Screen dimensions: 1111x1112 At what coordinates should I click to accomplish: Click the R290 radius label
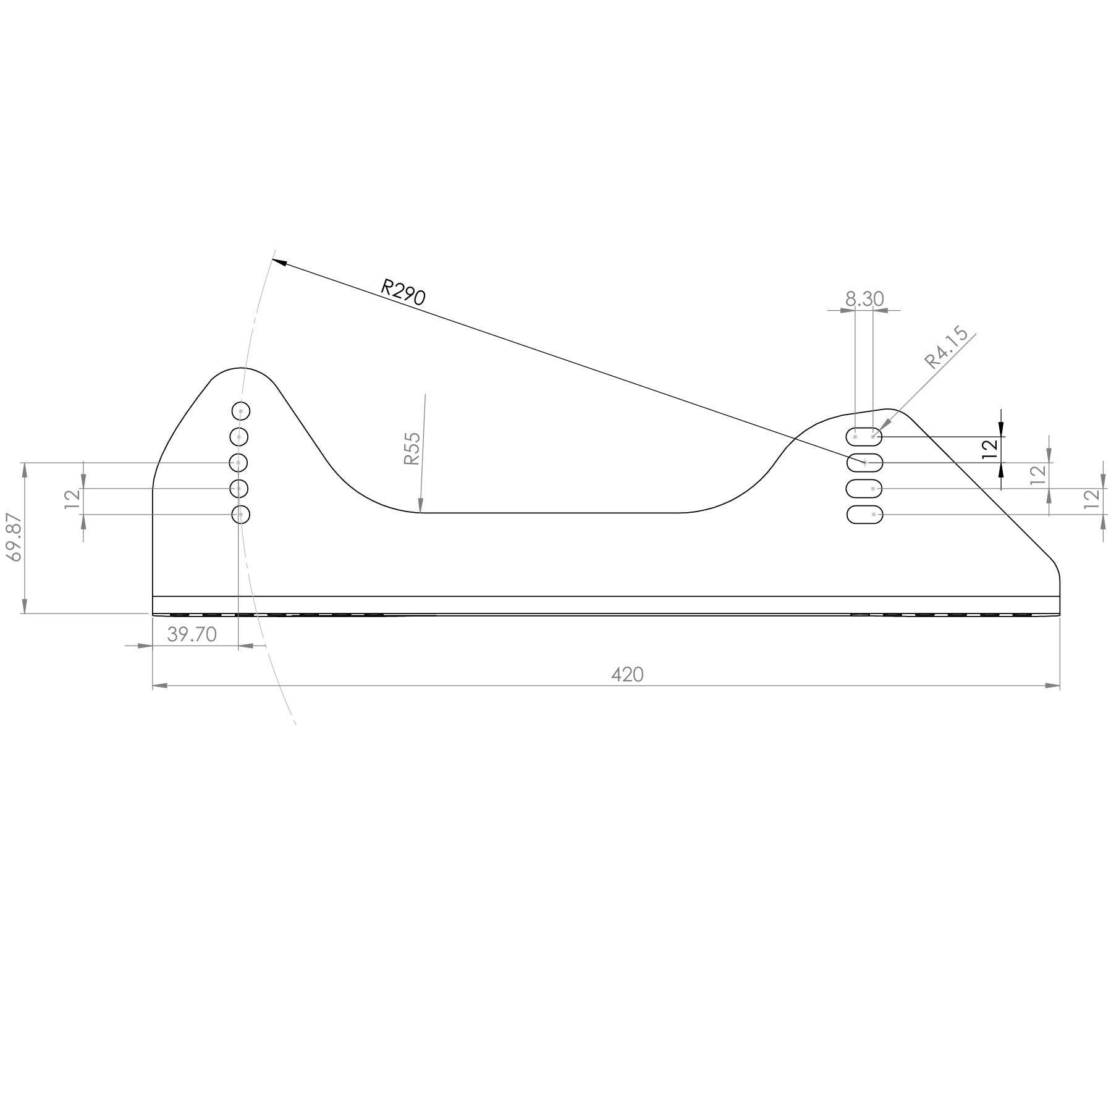[403, 292]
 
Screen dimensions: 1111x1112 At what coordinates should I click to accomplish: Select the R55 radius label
[412, 449]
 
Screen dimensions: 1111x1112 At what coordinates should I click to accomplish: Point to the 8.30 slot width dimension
[864, 299]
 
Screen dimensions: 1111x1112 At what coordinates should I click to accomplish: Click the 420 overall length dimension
[627, 675]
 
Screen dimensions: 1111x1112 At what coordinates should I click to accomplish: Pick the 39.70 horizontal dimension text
[192, 634]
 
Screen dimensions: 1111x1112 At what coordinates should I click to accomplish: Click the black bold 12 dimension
[990, 449]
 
